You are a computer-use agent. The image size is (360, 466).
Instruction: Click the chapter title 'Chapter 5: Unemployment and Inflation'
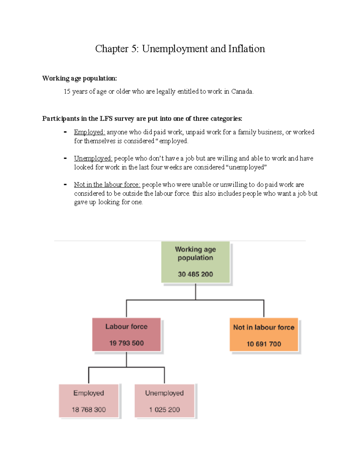click(180, 49)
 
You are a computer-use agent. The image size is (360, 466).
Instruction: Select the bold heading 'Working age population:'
click(79, 78)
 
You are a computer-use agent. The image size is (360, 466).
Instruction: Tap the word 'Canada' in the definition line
click(241, 92)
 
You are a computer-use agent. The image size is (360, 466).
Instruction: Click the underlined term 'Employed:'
click(89, 132)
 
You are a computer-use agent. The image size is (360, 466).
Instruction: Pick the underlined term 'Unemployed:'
click(93, 158)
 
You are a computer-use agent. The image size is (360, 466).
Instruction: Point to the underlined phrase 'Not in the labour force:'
click(107, 185)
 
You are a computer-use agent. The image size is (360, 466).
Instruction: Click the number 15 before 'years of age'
click(67, 92)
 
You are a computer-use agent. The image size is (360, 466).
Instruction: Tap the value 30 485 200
click(195, 274)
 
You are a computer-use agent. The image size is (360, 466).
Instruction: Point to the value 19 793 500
click(126, 343)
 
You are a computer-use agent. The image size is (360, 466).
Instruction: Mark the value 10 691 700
click(264, 344)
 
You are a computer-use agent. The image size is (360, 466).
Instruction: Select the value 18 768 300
click(89, 410)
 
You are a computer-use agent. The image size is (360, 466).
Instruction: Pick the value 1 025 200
click(164, 410)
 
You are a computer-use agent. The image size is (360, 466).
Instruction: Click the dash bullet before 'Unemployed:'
click(65, 158)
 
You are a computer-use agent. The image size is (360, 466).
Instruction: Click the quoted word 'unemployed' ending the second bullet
click(246, 167)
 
